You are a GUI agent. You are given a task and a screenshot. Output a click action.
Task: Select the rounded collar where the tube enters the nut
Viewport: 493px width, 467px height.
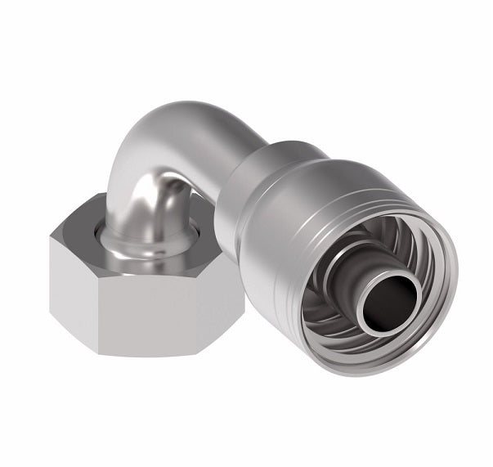(x=131, y=237)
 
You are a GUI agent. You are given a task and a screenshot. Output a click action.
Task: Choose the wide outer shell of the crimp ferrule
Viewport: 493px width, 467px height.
(x=319, y=188)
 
